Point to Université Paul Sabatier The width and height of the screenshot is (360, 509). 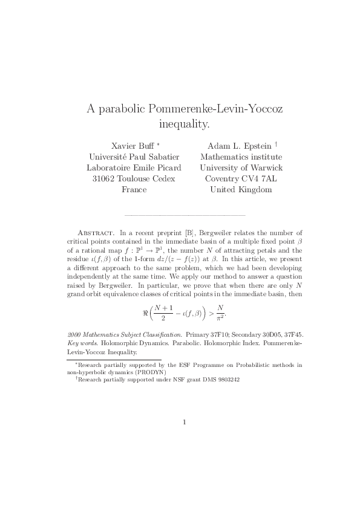131,157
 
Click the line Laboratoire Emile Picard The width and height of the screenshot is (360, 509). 131,168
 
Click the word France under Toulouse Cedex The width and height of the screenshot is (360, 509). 131,190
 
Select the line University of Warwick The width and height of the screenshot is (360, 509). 241,168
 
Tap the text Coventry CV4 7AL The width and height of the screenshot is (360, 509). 241,179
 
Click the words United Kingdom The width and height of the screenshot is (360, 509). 241,190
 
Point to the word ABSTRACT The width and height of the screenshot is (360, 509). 97,232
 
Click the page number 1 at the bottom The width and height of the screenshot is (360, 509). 184,422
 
